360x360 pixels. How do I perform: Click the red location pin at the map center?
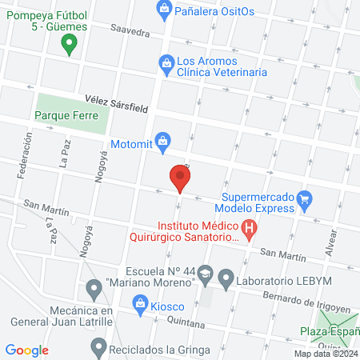[180, 178]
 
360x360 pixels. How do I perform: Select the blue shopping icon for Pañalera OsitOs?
[164, 10]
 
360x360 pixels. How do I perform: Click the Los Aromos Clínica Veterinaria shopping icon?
[165, 61]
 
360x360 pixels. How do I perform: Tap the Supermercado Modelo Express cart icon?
[304, 199]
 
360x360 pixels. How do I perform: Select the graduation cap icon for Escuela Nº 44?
[206, 274]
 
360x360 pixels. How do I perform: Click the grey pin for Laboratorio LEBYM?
[226, 280]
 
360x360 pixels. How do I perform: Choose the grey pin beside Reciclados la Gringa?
[98, 347]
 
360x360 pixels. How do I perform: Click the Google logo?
[27, 350]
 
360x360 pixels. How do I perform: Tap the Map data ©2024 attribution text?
[325, 354]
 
